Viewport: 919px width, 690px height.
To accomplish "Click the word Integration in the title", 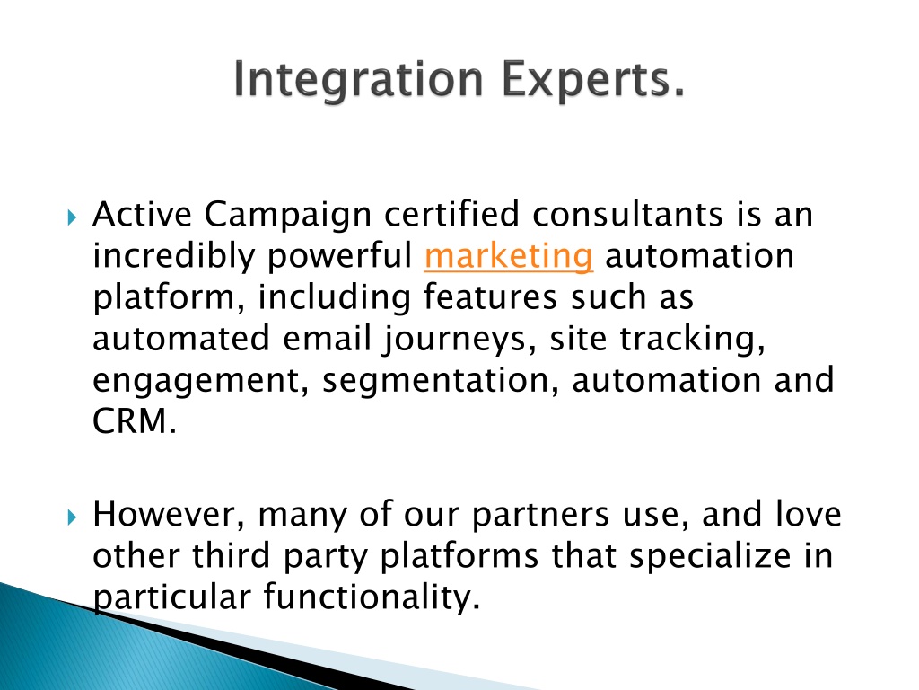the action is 358,80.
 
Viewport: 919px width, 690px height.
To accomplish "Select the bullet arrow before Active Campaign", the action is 72,217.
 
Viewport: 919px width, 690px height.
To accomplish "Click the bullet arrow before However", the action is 72,517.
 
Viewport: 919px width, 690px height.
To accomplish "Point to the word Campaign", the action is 288,216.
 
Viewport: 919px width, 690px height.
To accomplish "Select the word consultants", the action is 627,215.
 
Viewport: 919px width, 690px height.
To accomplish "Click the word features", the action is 490,296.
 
